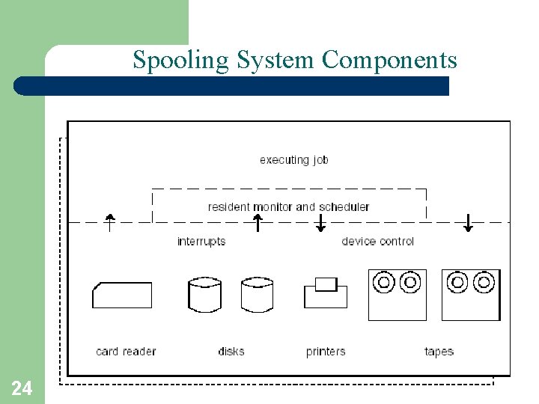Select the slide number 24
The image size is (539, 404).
(22, 388)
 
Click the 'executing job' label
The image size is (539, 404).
(293, 159)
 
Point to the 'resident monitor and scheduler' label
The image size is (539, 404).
(288, 206)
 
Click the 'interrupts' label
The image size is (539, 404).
(201, 241)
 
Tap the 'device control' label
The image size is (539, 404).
(377, 241)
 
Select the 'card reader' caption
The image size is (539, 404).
(126, 351)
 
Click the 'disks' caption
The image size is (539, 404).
(231, 351)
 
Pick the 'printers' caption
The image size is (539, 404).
(326, 351)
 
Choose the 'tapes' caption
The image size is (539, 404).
(439, 351)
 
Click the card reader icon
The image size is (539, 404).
(122, 295)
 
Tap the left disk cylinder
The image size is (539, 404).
(204, 295)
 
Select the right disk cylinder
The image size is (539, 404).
(257, 295)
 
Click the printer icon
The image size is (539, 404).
(326, 293)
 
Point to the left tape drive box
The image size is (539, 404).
(398, 295)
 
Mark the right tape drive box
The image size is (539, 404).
(470, 295)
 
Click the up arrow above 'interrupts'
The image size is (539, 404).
(258, 222)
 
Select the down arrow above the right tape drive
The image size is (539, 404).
(469, 222)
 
